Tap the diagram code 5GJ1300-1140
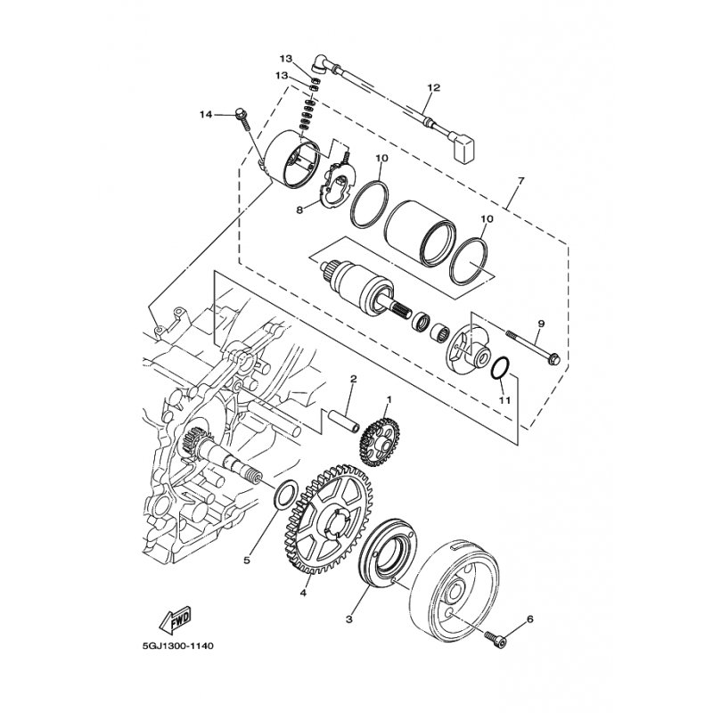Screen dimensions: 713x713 pos(175,645)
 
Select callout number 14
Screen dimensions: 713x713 pos(206,115)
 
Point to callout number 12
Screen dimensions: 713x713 pos(434,87)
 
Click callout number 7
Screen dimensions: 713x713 pos(521,180)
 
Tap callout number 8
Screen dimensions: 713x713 pos(299,210)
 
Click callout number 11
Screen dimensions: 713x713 pos(504,400)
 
